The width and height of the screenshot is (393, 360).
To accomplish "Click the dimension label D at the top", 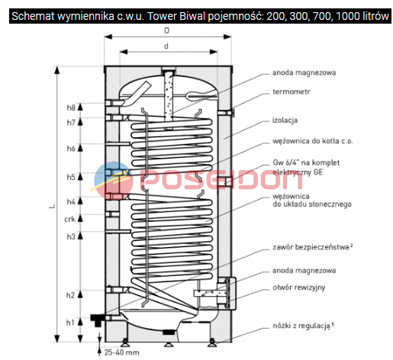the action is click(x=166, y=31).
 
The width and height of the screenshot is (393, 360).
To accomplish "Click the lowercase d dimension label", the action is click(x=166, y=46).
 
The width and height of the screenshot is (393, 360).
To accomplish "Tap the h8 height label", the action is click(x=71, y=108).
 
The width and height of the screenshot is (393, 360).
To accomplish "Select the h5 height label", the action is click(x=71, y=177).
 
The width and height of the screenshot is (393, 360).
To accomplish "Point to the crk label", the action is click(x=69, y=219).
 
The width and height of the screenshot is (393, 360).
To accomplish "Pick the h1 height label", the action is click(x=70, y=323).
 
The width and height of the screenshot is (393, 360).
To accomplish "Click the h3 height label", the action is click(x=71, y=236).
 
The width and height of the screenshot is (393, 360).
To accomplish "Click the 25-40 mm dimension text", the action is click(x=122, y=352).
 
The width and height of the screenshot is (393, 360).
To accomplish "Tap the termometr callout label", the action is click(x=292, y=92).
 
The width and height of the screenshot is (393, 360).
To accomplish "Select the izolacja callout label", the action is click(x=285, y=120).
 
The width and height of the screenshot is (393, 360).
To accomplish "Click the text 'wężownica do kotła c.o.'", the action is click(x=313, y=141).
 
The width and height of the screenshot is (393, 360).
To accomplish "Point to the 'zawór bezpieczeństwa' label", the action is click(x=311, y=247).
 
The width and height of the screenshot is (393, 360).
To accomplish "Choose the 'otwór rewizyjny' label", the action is click(x=299, y=288).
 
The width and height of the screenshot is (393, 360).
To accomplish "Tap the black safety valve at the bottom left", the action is click(x=98, y=320).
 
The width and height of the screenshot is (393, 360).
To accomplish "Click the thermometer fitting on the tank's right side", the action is click(x=226, y=113).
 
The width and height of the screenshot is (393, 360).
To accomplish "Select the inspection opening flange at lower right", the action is click(x=230, y=294).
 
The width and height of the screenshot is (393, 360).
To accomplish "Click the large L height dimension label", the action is click(x=52, y=206).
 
